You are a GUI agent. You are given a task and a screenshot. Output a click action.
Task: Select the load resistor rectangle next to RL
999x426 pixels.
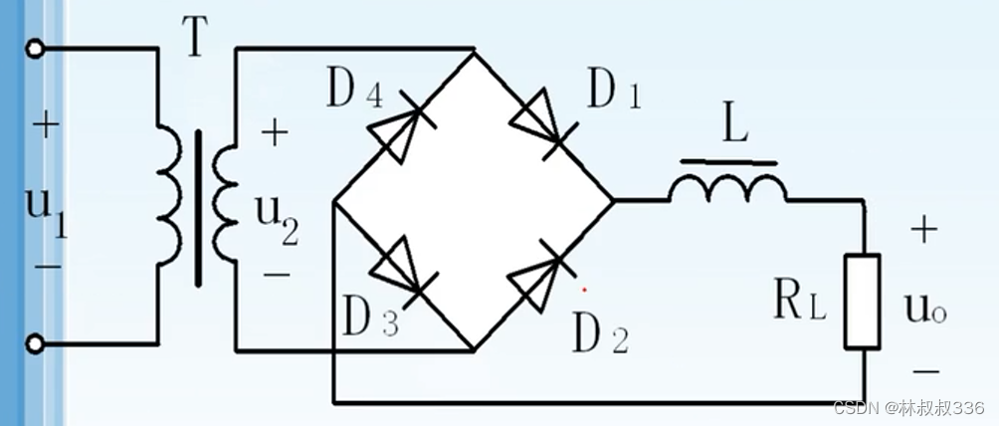pos(861,301)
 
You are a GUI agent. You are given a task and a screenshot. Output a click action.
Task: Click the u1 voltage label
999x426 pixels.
pos(46,211)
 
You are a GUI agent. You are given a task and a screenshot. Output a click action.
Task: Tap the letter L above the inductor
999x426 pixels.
pos(735,128)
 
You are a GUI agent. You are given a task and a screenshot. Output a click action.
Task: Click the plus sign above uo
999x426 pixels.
pos(923,231)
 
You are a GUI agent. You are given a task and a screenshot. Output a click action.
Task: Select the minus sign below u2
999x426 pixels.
pos(276,271)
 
